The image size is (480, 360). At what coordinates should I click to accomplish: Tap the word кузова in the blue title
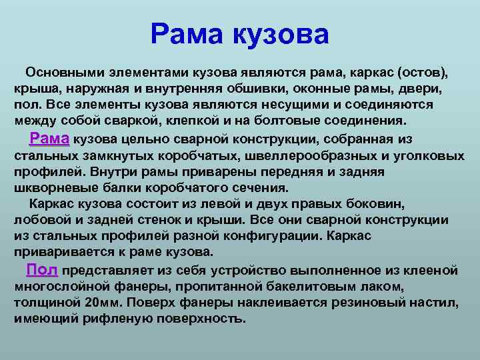[x=281, y=35]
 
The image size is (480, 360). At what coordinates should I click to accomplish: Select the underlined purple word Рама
[x=49, y=139]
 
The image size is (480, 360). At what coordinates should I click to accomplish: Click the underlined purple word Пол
[x=42, y=270]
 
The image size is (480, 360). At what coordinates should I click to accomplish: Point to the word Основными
[x=65, y=73]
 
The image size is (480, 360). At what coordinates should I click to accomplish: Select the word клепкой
[x=192, y=121]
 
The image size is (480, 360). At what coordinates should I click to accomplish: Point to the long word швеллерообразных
[x=311, y=156]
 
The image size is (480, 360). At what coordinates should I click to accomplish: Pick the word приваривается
[x=64, y=252]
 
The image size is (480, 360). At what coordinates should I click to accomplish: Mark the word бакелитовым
[x=311, y=287]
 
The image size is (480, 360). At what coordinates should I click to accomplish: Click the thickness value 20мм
[x=102, y=303]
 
